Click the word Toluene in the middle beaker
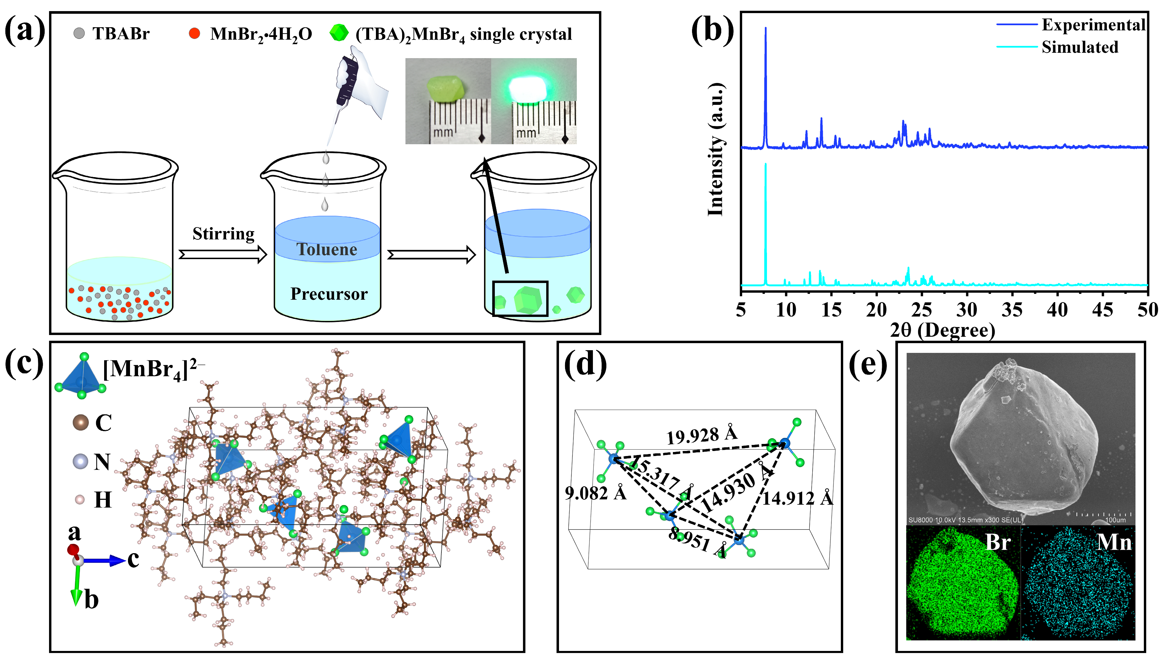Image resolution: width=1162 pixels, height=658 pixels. point(327,249)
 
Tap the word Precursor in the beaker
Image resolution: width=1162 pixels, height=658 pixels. point(329,294)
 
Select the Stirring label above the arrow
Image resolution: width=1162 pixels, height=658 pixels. point(223,234)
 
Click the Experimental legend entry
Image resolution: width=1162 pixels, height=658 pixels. point(1093,25)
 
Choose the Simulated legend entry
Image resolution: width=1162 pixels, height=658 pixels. point(1079,47)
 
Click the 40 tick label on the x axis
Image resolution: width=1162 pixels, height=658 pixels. point(1057,310)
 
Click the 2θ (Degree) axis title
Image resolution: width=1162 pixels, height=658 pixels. point(943,330)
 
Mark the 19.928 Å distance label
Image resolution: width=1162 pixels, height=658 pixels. point(701,435)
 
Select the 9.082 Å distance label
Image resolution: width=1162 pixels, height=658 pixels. point(595,493)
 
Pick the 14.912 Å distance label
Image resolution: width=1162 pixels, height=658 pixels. point(797,498)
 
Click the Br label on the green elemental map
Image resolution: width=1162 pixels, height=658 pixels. point(997,542)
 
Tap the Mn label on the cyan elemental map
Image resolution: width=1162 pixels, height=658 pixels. point(1114,542)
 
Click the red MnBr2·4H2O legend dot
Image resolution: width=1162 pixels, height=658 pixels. point(195,34)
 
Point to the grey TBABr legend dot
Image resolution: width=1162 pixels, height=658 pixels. point(79,34)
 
